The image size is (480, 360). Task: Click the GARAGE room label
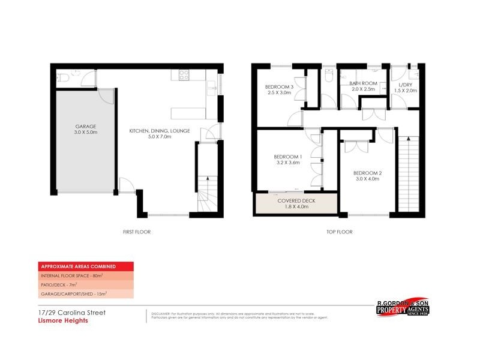click(86, 127)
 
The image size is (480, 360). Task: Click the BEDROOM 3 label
click(279, 87)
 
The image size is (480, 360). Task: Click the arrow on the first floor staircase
click(207, 179)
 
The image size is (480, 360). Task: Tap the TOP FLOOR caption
click(339, 232)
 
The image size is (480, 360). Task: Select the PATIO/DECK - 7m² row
click(60, 284)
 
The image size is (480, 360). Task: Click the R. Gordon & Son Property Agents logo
click(406, 308)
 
